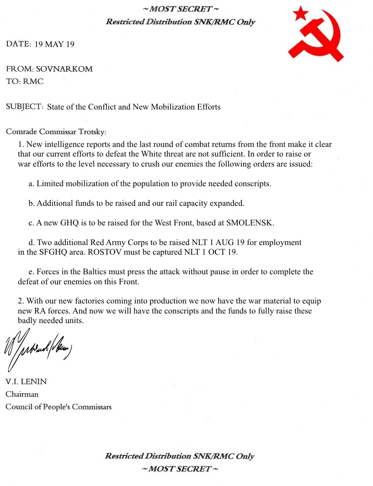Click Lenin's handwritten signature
coord(38,349)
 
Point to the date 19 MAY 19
coord(54,44)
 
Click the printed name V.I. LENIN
coord(26,382)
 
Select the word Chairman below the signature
coord(22,394)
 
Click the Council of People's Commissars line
coord(59,407)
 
